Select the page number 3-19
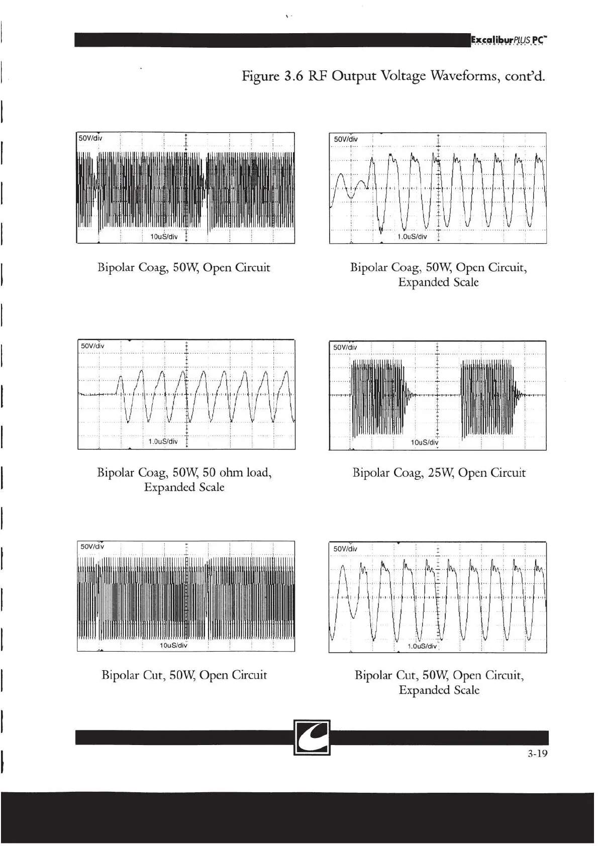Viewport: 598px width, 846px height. [x=537, y=754]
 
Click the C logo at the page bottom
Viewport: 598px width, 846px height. [x=312, y=737]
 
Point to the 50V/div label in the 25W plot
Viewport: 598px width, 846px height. [x=345, y=347]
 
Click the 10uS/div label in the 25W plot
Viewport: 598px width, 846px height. [x=425, y=442]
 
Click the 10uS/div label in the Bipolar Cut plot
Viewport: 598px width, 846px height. [x=173, y=645]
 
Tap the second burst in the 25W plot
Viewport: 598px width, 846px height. [x=486, y=397]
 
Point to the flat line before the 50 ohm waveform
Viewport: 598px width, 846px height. [x=98, y=395]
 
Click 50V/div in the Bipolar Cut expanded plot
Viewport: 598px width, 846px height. [x=345, y=549]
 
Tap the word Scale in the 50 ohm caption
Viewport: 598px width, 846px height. [x=209, y=487]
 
